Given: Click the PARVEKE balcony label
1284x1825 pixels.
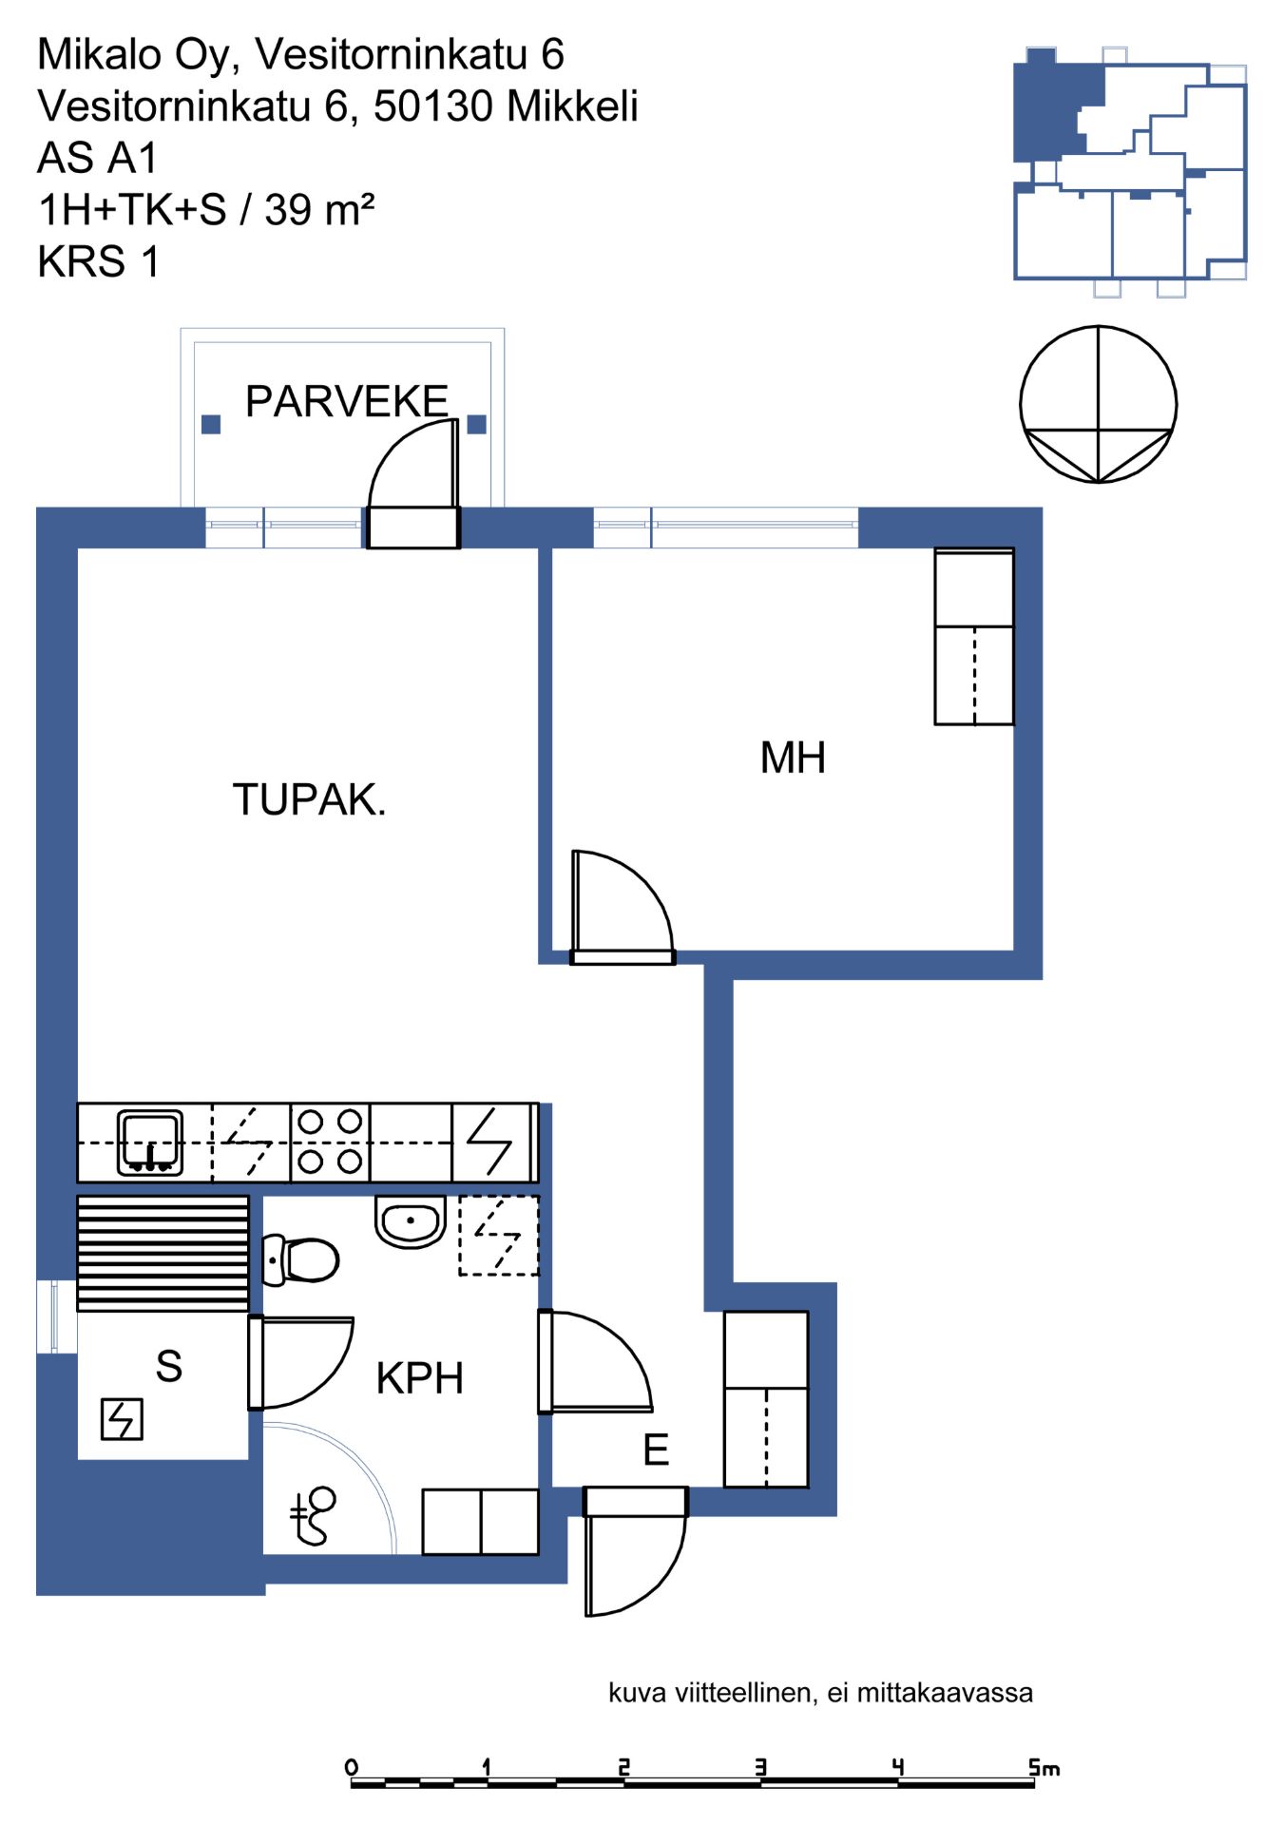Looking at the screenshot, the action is [x=347, y=401].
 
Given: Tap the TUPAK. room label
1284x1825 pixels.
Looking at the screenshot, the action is [x=310, y=799].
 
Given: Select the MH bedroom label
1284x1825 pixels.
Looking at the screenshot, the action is [x=793, y=758].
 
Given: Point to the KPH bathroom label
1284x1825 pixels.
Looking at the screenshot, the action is [x=420, y=1378].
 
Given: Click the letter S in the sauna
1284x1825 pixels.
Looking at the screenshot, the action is [x=169, y=1366].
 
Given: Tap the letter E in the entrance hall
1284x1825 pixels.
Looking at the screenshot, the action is [x=656, y=1450].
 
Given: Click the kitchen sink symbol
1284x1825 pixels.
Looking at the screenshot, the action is [x=150, y=1142].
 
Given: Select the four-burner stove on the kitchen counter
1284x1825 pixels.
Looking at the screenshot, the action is [x=330, y=1142].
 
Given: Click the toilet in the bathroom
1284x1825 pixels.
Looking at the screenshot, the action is [x=300, y=1259].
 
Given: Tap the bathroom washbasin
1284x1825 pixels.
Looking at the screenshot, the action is [x=411, y=1220].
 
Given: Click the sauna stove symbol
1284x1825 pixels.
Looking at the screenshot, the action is [x=122, y=1419].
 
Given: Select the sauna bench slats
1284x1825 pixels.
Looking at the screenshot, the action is [x=163, y=1253].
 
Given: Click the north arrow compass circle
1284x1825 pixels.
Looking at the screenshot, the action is [x=1098, y=327].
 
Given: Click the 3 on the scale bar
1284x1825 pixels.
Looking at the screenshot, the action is [x=760, y=1767].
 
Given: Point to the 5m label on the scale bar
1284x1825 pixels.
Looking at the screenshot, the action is [x=1044, y=1767].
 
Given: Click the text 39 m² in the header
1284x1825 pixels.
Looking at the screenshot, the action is [x=319, y=209].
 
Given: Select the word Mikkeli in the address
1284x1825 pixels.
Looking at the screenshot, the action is [x=572, y=106].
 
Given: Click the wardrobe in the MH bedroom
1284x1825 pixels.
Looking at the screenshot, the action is [x=974, y=637].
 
